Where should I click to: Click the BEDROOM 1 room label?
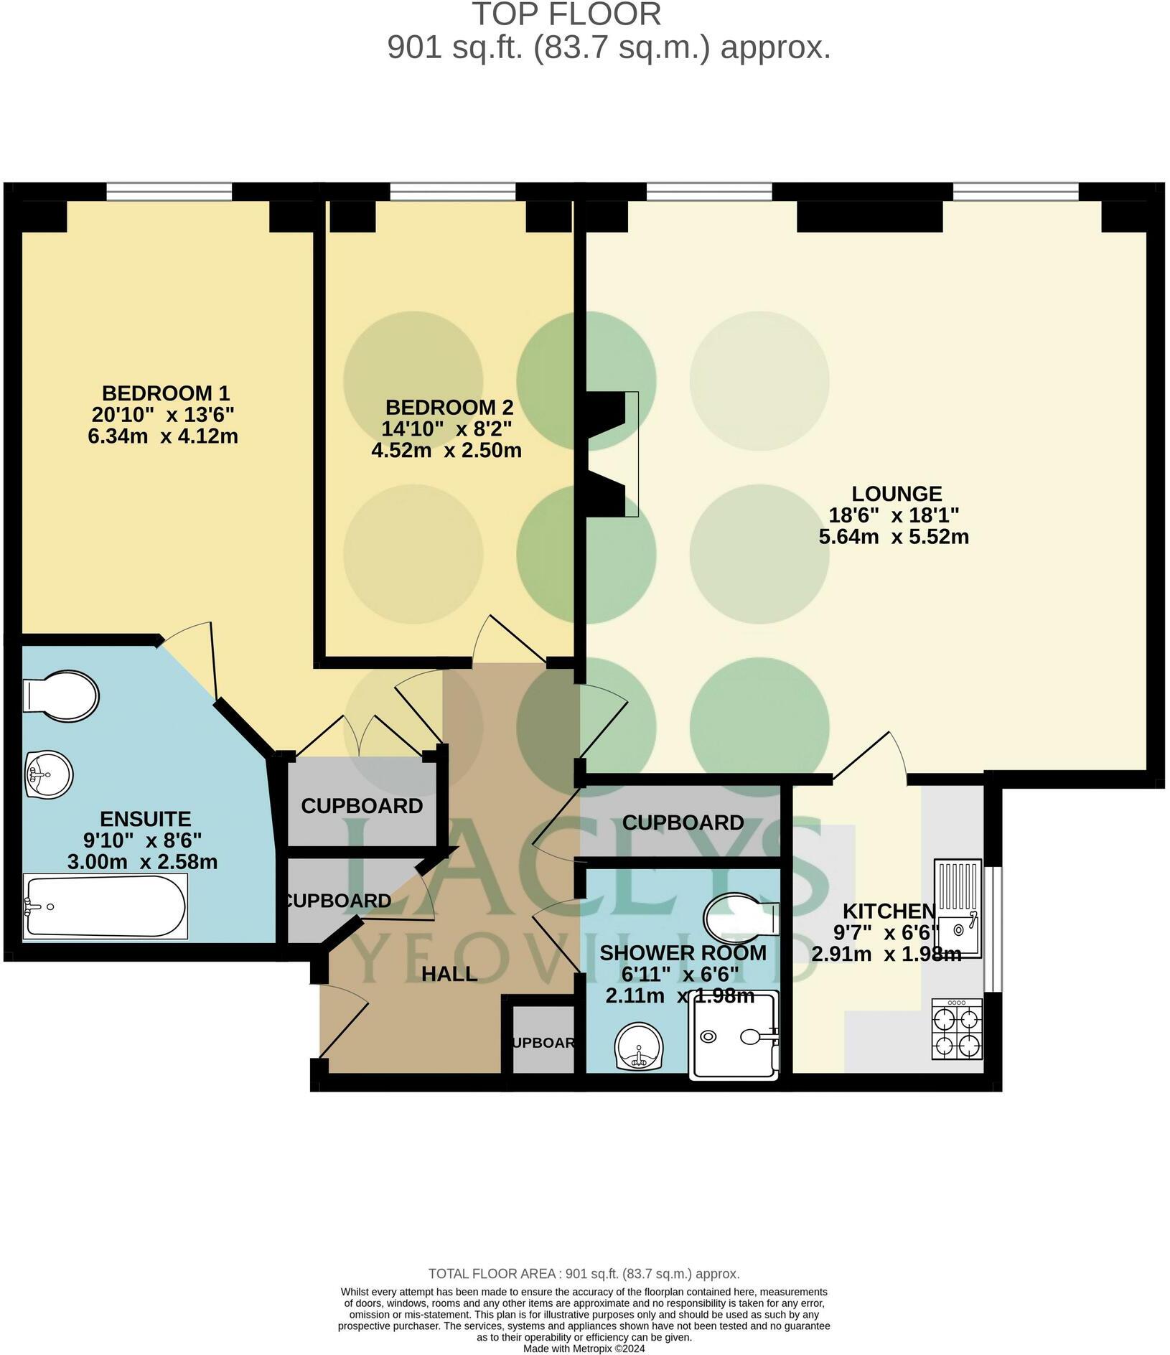[166, 393]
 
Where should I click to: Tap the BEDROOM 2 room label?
[449, 407]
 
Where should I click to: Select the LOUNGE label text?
[897, 493]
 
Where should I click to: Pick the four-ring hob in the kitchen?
[957, 1029]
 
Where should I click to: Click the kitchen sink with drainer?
[957, 908]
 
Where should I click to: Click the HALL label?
[449, 974]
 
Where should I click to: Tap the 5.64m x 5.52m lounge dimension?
[894, 536]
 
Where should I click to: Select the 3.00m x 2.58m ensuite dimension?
[142, 861]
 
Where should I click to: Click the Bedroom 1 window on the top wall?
[169, 191]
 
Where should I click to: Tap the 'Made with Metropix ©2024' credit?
[584, 1349]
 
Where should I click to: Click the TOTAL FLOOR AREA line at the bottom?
[584, 1274]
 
